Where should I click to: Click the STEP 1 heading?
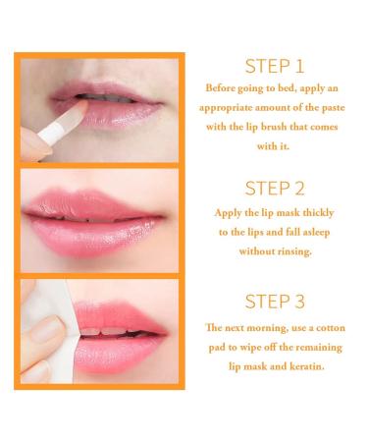[x=273, y=67]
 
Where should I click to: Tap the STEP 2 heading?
[x=273, y=189]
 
